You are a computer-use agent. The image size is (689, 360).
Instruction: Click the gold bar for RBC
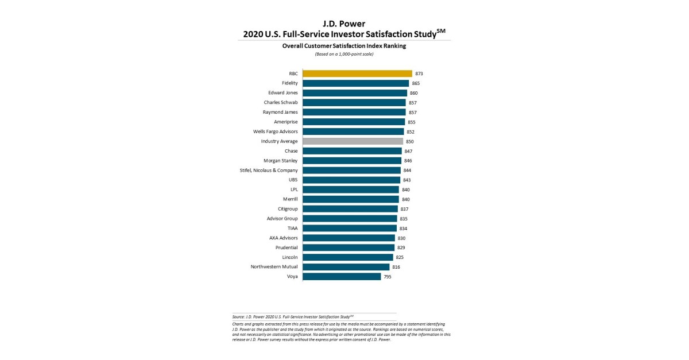click(357, 73)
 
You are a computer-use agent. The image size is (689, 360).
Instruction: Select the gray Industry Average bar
click(353, 141)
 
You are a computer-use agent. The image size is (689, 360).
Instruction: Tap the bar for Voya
click(342, 277)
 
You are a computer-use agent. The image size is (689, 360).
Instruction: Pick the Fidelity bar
click(355, 83)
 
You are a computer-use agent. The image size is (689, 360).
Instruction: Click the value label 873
click(419, 74)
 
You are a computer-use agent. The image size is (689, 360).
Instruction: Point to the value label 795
click(388, 277)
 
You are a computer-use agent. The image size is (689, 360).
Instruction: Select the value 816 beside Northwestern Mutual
click(396, 267)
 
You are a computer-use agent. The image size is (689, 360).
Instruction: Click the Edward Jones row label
click(282, 93)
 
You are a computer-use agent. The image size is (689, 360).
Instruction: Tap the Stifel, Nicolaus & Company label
click(269, 171)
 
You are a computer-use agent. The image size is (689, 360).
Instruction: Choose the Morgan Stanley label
click(280, 161)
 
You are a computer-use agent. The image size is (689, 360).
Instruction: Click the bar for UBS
click(351, 180)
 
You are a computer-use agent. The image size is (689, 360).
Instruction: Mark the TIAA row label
click(292, 228)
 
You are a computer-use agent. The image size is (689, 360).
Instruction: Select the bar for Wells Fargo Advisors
click(353, 131)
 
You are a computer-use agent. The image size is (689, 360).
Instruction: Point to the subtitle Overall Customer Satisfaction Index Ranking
click(344, 46)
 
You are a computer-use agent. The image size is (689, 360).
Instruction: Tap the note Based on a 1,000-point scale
click(344, 54)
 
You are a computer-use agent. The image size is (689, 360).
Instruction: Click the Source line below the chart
click(293, 316)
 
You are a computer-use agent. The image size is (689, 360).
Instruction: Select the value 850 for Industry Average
click(410, 141)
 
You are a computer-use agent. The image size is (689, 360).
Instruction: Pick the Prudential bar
click(349, 247)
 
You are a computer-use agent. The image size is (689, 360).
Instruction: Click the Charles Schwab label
click(281, 103)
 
